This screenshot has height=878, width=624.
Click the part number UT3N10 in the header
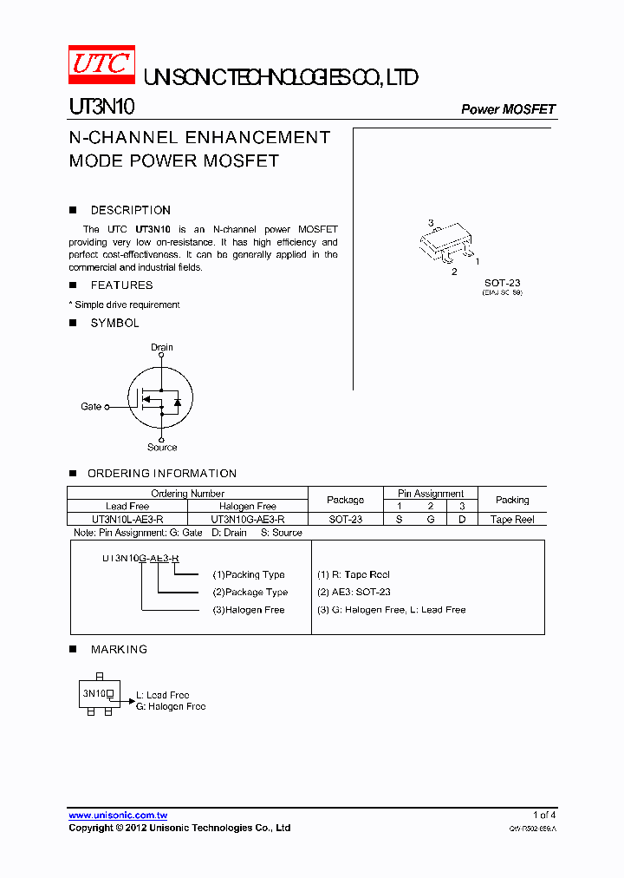pos(101,108)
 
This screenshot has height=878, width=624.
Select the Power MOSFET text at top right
pos(508,109)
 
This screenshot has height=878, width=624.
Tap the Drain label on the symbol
pos(162,347)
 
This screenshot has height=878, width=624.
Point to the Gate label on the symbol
pos(91,406)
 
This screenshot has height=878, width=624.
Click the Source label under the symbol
pos(162,447)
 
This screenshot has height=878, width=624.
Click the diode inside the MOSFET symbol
pos(177,402)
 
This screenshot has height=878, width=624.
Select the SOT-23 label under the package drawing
pos(502,283)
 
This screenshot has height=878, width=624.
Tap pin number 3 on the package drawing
pos(431,223)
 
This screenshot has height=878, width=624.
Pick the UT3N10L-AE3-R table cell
pos(127,519)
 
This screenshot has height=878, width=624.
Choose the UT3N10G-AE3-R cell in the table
pos(248,519)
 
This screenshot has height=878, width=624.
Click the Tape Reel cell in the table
pos(512,519)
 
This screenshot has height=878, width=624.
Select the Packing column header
pos(512,500)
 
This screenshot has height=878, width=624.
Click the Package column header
pos(345,500)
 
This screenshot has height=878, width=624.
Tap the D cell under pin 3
pos(462,519)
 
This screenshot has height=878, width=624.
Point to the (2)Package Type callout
pos(250,593)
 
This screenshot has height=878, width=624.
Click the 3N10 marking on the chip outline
pos(94,694)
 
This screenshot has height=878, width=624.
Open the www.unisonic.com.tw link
pos(118,816)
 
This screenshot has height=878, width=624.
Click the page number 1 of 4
pos(544,816)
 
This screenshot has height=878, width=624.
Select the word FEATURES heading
pos(121,285)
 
